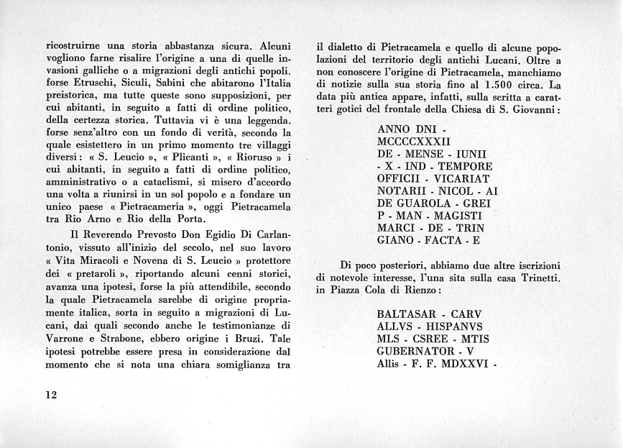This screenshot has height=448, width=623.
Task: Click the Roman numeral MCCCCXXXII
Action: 413,142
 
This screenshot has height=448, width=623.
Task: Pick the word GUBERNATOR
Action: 415,352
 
